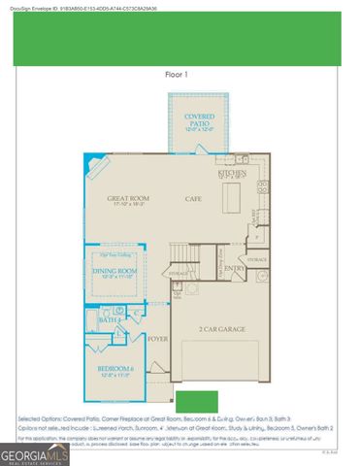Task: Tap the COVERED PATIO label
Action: (x=199, y=120)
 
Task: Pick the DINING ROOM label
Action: (x=114, y=272)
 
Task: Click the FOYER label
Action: (x=156, y=340)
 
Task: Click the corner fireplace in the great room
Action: (x=91, y=162)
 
